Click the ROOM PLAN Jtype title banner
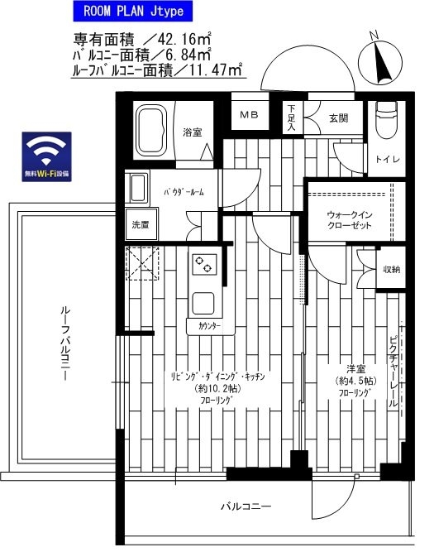[x=138, y=12]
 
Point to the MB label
[x=249, y=114]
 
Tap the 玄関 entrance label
[x=338, y=118]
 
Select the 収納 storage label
[x=392, y=269]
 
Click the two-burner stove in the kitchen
[x=203, y=265]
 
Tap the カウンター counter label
[x=210, y=326]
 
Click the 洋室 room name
[x=356, y=368]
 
